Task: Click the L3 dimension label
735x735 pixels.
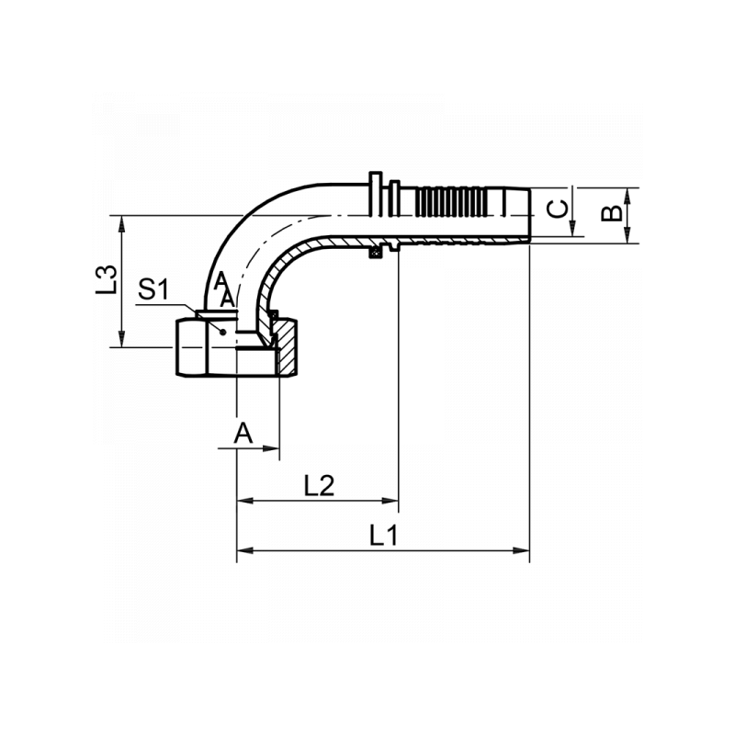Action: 107,280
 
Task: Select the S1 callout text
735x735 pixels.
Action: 153,289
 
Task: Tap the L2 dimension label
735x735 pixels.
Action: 319,486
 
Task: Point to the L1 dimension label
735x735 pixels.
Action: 384,535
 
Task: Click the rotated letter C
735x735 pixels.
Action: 558,209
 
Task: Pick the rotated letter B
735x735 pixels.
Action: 612,214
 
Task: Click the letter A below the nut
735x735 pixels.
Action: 243,433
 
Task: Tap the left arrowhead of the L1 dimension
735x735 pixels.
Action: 244,550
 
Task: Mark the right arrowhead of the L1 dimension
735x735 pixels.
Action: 522,550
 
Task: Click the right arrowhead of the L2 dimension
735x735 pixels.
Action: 390,501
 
